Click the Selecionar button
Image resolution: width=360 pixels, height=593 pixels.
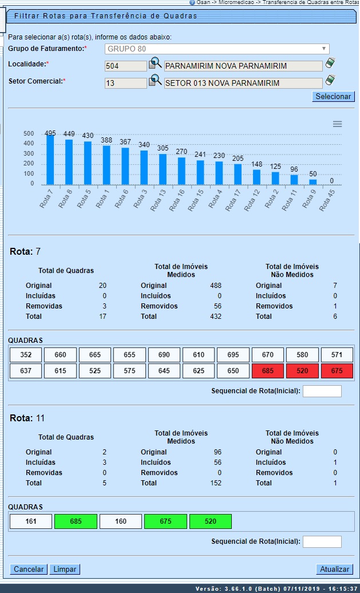pyautogui.click(x=334, y=97)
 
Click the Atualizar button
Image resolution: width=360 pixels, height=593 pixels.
pyautogui.click(x=334, y=569)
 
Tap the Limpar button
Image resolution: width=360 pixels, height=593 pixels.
pyautogui.click(x=65, y=569)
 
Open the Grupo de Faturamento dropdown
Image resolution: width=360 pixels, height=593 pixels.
pyautogui.click(x=217, y=49)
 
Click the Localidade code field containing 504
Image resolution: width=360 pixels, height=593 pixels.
pyautogui.click(x=125, y=66)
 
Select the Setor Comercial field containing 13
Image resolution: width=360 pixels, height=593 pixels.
pyautogui.click(x=125, y=83)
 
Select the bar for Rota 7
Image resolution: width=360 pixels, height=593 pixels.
pyautogui.click(x=50, y=160)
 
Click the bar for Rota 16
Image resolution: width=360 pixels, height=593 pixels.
pyautogui.click(x=181, y=171)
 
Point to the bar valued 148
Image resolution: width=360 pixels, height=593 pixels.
pyautogui.click(x=256, y=177)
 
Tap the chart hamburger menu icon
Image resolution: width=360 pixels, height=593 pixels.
pyautogui.click(x=338, y=124)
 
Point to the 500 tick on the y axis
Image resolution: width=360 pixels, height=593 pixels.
pyautogui.click(x=29, y=133)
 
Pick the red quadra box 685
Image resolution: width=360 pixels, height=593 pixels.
pyautogui.click(x=267, y=371)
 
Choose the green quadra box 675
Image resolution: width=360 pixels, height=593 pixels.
pyautogui.click(x=165, y=521)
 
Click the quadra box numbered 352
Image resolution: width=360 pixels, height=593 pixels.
pyautogui.click(x=26, y=355)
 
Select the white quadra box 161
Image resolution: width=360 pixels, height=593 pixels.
pyautogui.click(x=30, y=521)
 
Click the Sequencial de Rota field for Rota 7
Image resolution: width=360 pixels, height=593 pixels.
pyautogui.click(x=322, y=391)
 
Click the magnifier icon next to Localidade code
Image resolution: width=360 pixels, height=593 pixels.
pyautogui.click(x=155, y=64)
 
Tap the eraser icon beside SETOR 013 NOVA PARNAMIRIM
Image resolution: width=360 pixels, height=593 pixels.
pyautogui.click(x=330, y=81)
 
